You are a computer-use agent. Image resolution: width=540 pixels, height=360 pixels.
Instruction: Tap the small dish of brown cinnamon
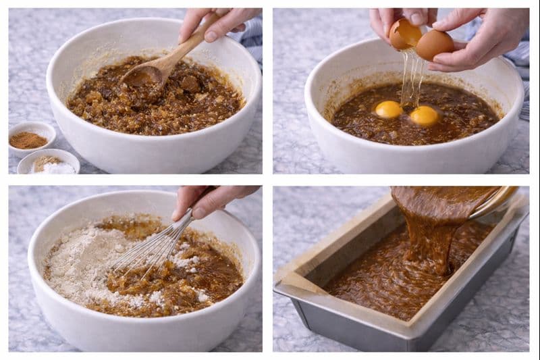(x=29, y=139)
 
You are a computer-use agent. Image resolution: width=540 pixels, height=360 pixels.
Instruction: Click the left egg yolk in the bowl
(x=389, y=109)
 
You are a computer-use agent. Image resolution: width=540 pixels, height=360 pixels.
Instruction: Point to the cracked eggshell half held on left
(x=404, y=34)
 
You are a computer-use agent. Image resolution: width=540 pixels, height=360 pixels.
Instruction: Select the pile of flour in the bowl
(x=88, y=263)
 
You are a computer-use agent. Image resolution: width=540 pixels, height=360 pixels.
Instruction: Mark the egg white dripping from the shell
(x=411, y=78)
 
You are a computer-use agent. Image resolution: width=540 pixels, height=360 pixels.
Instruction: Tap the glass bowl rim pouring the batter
(x=496, y=203)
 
